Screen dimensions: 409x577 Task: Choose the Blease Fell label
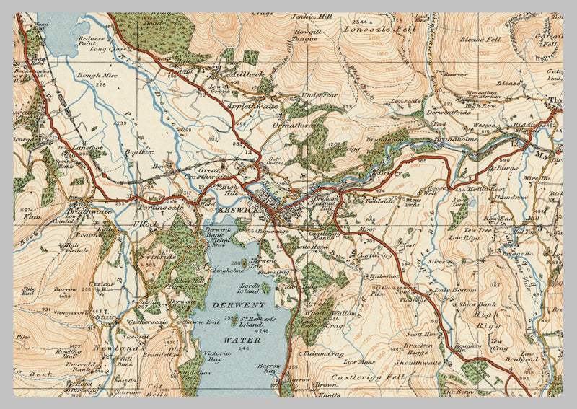click(480, 39)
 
